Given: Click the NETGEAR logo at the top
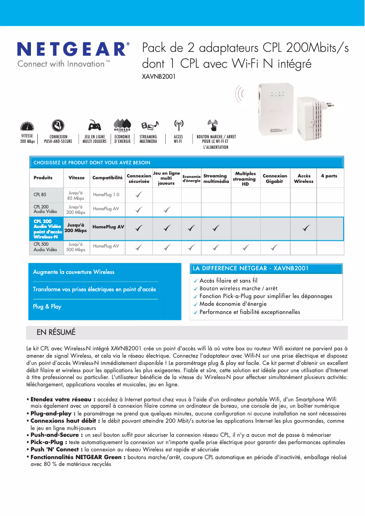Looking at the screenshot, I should [73, 49].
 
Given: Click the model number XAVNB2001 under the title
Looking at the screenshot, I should [159, 76].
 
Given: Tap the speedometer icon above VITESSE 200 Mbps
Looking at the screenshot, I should [27, 126].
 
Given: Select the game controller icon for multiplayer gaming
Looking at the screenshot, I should [94, 125].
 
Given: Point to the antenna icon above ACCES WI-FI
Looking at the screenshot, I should [178, 125].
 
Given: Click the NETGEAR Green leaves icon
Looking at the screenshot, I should [122, 124].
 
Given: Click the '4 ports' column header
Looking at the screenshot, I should [329, 176].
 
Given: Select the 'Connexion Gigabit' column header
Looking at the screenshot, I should [275, 178].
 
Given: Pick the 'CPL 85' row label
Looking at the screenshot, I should [40, 195].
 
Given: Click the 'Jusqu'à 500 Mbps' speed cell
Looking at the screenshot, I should [76, 247].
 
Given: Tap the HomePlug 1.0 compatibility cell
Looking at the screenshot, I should [106, 195].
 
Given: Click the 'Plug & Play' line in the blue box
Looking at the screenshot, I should [47, 307].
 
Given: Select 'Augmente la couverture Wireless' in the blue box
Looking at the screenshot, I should [74, 272].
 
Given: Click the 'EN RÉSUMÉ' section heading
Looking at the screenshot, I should [56, 333].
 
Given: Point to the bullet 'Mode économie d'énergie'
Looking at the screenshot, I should [233, 304].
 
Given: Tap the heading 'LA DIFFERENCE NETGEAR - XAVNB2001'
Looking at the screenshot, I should [250, 268].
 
